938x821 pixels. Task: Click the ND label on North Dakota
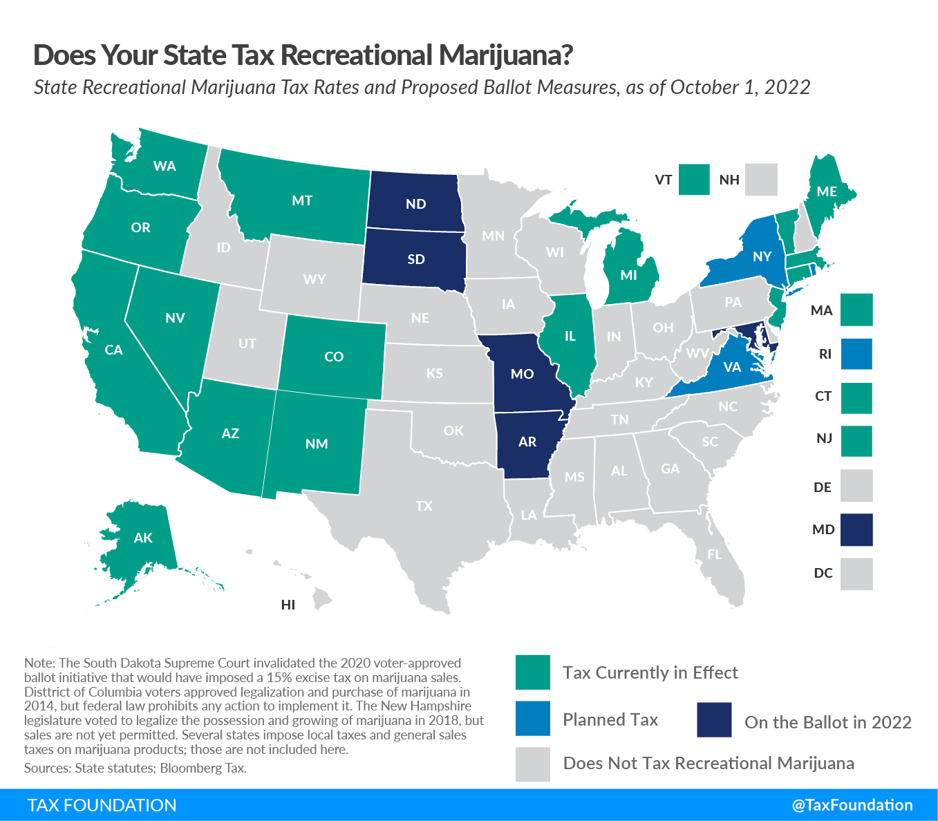(416, 204)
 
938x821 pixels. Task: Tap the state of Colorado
(334, 357)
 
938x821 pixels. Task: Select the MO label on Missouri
(523, 374)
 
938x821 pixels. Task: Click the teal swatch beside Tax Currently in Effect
(533, 672)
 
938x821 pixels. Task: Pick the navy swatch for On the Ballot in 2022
(714, 720)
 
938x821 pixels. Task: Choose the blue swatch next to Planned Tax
(533, 719)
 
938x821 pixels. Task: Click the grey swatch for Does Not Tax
(533, 764)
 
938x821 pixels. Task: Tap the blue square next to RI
(857, 354)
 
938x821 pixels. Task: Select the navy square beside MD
(857, 529)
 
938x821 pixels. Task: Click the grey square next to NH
(761, 180)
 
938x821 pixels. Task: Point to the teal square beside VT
(694, 180)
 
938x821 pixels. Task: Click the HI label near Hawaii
(288, 605)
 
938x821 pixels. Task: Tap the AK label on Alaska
(143, 538)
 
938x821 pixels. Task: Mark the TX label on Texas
(424, 506)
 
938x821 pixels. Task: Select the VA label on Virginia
(732, 367)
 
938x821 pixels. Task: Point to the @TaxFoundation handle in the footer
(852, 805)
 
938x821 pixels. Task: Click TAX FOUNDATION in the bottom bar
(102, 805)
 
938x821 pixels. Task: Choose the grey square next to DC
(857, 574)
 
